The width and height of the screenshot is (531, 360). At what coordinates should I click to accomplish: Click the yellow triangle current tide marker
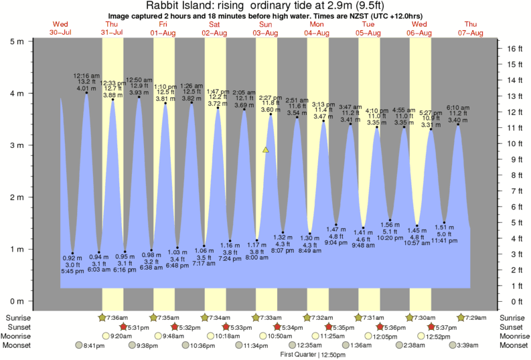coord(266,150)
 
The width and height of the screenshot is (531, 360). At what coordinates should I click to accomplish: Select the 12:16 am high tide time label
coord(87,76)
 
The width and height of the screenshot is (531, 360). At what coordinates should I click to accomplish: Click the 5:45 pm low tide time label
coord(72,271)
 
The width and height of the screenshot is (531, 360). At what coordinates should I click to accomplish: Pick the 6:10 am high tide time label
coord(459,108)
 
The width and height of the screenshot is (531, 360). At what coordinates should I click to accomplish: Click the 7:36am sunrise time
coord(118,317)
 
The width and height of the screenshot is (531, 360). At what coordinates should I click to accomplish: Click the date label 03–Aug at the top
coord(265,33)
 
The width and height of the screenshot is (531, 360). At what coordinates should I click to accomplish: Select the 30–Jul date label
coord(60,33)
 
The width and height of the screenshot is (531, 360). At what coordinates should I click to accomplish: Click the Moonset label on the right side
coord(514,345)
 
